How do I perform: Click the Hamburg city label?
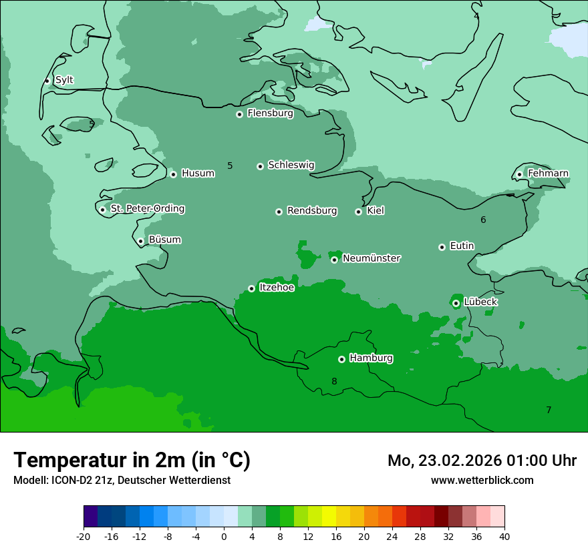[371, 358]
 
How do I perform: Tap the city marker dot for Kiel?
[358, 212]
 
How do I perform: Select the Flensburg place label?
[270, 113]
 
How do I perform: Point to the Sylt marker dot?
[47, 81]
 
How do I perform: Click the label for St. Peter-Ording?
[147, 209]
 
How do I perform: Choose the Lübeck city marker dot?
[456, 303]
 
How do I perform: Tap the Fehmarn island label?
[548, 174]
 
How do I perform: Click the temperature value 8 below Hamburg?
[334, 381]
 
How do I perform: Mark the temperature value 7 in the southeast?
[549, 410]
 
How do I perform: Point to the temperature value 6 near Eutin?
[483, 220]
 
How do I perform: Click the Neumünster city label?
[372, 258]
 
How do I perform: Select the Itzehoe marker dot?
[251, 288]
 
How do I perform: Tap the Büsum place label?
[164, 240]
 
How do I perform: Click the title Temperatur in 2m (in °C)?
[132, 460]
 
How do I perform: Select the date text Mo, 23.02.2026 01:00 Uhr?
[482, 461]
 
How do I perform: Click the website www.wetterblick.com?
[482, 480]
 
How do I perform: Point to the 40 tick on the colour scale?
[504, 535]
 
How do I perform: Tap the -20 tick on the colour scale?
[84, 535]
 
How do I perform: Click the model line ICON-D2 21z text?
[122, 480]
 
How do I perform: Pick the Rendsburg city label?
[312, 211]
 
